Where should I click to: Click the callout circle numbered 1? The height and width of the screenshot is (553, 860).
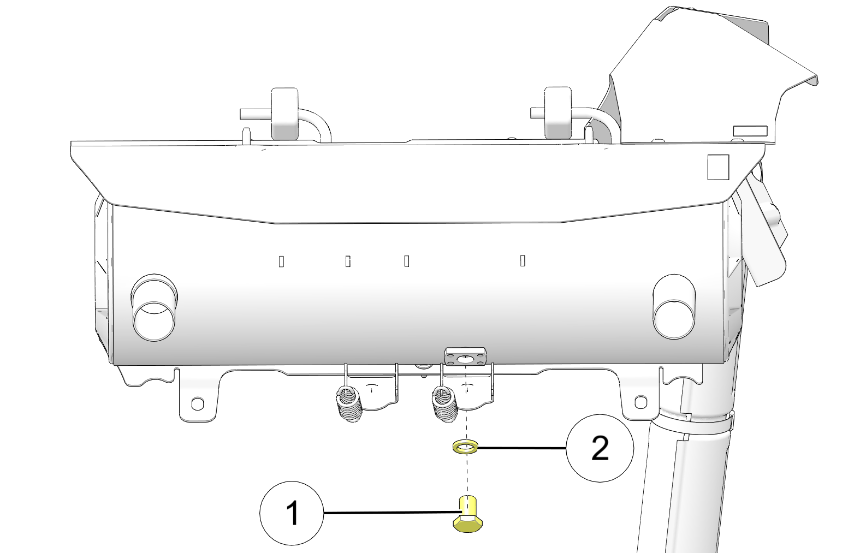[x=292, y=513]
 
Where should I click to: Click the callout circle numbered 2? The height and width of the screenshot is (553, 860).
[x=600, y=448]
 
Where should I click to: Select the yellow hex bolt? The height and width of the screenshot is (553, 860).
[x=467, y=514]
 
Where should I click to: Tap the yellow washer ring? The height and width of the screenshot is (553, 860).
[x=465, y=448]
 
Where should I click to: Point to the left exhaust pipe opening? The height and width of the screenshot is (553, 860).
[x=153, y=321]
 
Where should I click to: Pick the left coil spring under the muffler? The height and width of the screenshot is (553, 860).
[x=349, y=405]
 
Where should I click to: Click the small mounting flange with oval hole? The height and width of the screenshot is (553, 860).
[x=465, y=357]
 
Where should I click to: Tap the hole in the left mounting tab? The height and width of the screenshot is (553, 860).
[x=197, y=403]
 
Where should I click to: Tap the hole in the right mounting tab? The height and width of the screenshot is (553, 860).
[x=641, y=402]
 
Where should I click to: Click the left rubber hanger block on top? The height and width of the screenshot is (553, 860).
[x=284, y=114]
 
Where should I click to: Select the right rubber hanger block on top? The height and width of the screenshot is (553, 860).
[x=558, y=112]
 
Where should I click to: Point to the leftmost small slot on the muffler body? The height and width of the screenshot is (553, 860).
[x=281, y=261]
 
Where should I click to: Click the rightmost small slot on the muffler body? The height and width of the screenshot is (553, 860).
[x=523, y=260]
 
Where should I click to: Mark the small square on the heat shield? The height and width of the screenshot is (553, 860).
[x=719, y=168]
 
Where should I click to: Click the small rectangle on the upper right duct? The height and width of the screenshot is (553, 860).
[x=750, y=131]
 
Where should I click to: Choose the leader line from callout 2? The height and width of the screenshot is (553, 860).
[x=522, y=448]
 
